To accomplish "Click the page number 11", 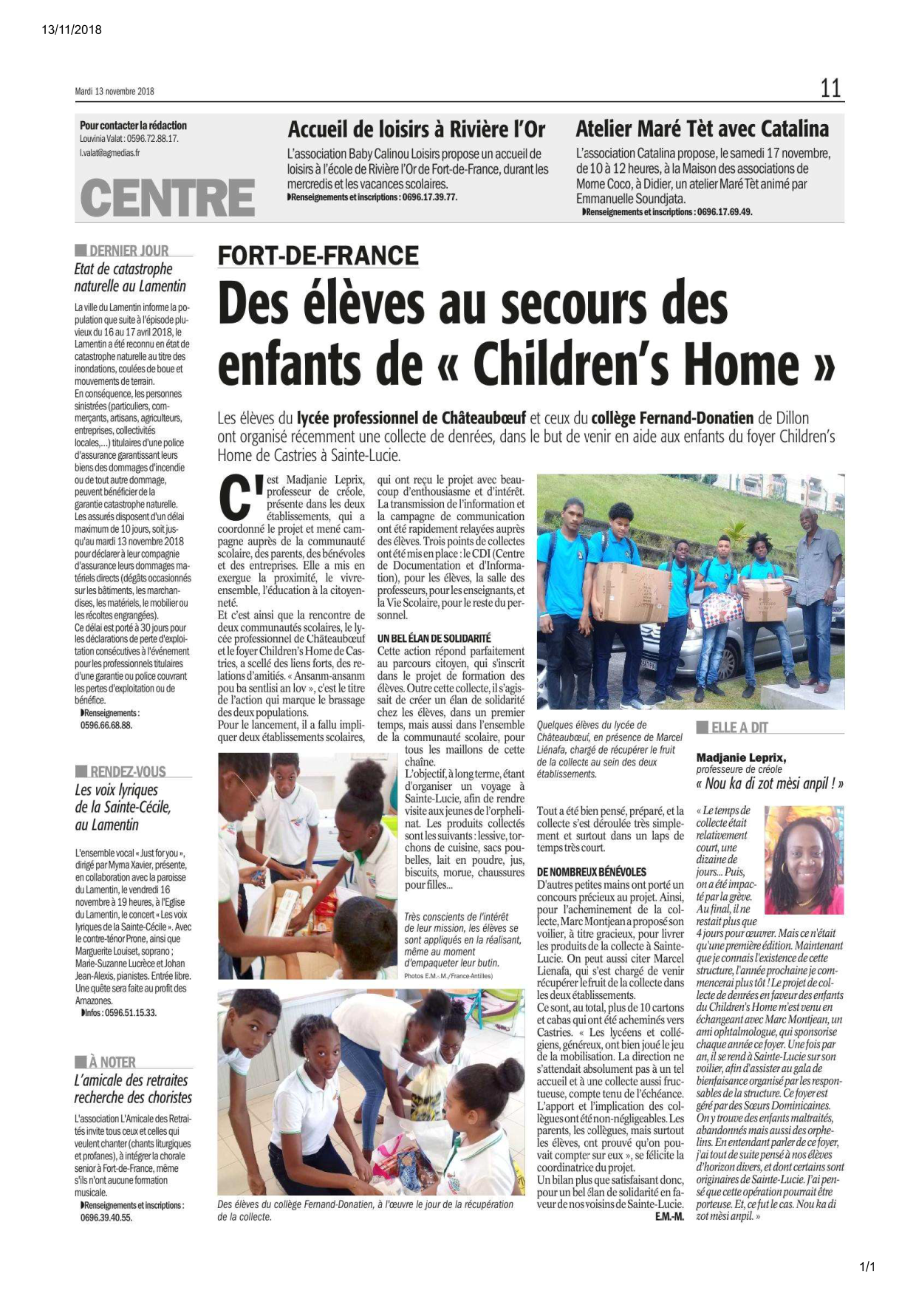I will (x=830, y=89).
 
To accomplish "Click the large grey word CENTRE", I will (x=167, y=197).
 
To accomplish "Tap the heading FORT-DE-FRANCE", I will (x=318, y=256).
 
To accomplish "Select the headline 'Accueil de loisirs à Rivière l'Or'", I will (x=416, y=130).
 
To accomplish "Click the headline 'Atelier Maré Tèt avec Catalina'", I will (x=702, y=129).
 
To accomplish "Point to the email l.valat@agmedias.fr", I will (x=110, y=153).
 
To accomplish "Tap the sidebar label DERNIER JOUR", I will (x=129, y=250).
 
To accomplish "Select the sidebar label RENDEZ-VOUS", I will (x=127, y=771).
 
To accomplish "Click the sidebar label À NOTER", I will (x=112, y=1062).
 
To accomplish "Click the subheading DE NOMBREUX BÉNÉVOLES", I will (x=591, y=872).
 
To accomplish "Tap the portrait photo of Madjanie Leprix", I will (x=804, y=860).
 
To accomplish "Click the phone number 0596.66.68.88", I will (x=106, y=726).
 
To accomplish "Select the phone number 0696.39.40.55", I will (x=106, y=1217).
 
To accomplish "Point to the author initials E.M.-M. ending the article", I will (x=669, y=1216).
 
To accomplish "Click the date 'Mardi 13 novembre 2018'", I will (x=115, y=92).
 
